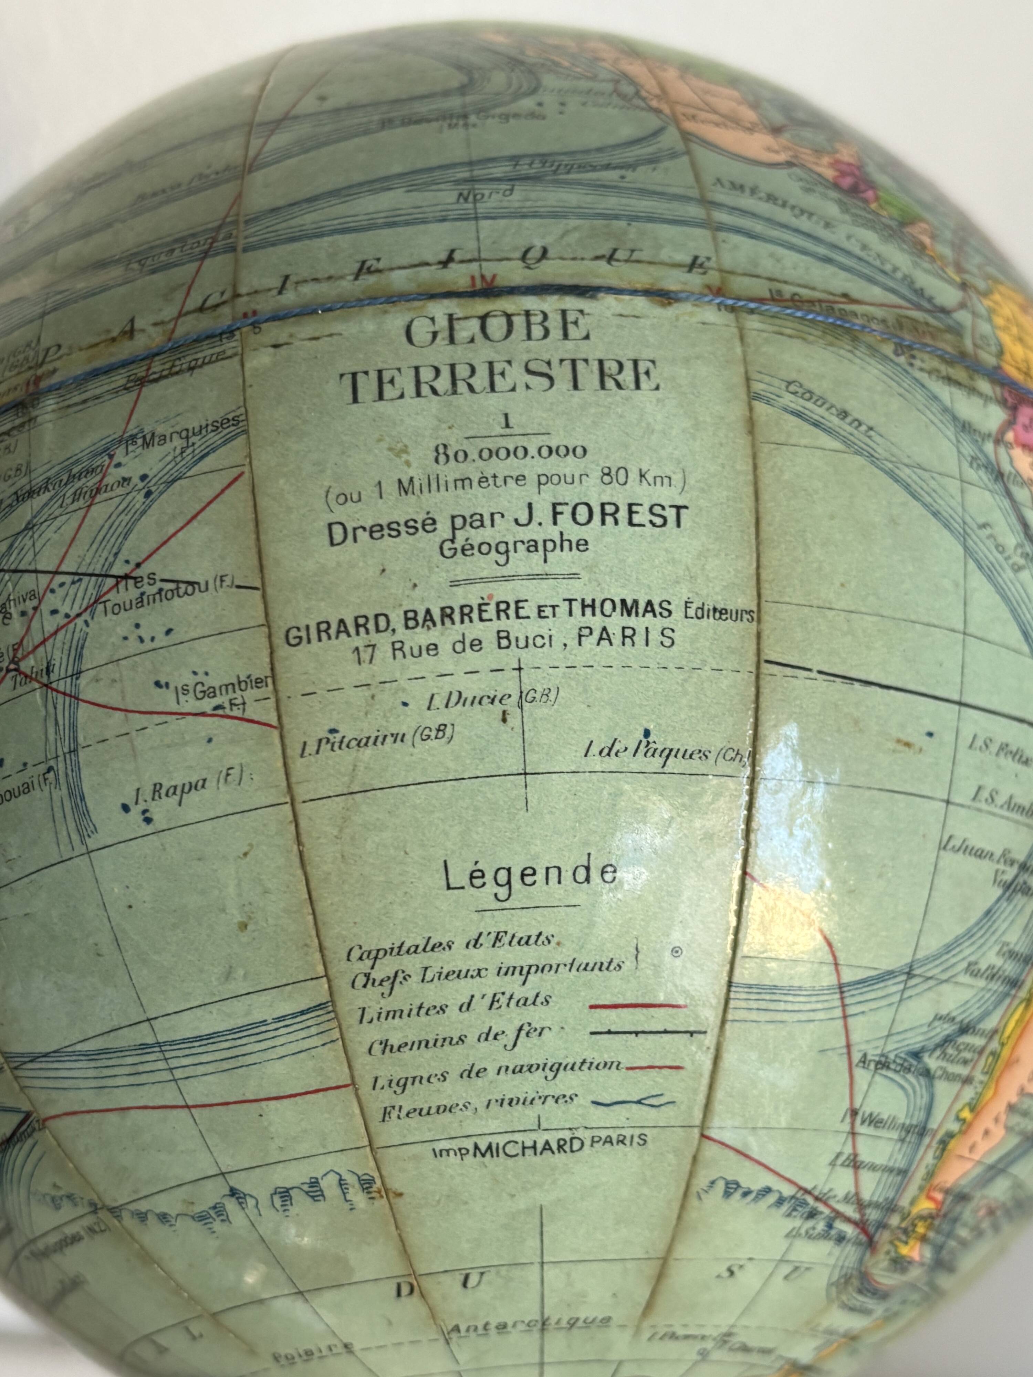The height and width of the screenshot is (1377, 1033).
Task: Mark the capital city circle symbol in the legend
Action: (x=676, y=951)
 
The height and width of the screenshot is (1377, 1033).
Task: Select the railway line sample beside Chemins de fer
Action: (x=648, y=1033)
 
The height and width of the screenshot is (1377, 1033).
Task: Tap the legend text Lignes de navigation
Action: (x=495, y=1069)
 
